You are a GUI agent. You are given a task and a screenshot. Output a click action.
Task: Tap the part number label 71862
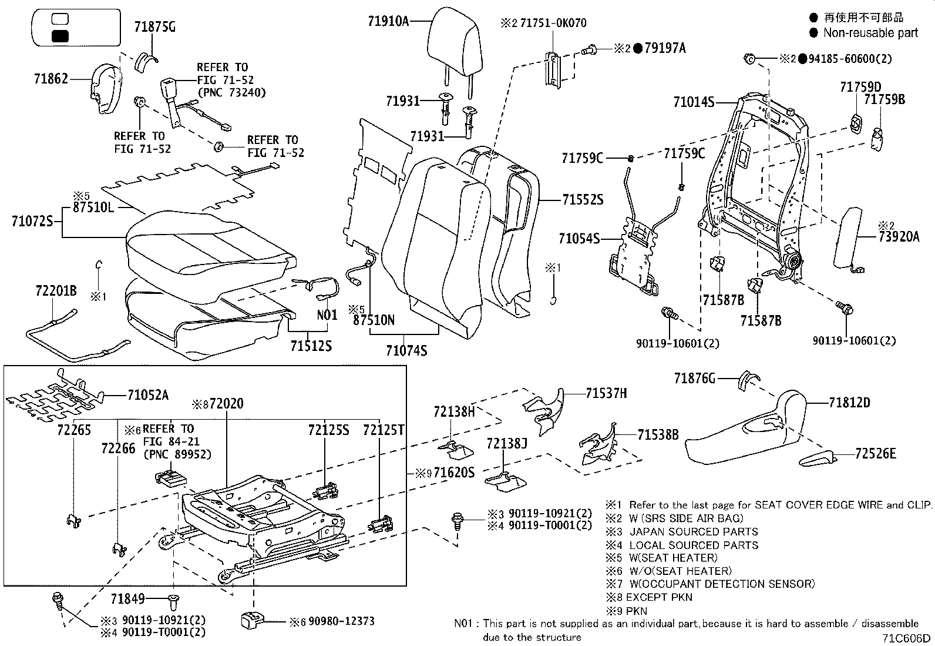[51, 78]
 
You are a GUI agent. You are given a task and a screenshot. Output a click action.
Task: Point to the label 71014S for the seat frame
[693, 103]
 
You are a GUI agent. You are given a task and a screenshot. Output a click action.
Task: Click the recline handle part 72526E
[819, 457]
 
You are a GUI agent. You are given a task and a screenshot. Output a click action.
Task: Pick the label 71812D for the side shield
[849, 403]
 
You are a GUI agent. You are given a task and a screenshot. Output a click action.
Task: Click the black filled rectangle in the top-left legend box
[60, 36]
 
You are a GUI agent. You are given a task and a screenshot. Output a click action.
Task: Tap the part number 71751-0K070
[553, 23]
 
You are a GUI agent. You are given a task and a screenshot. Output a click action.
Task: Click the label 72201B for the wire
[56, 291]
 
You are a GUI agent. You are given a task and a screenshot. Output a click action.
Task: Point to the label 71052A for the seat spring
[147, 395]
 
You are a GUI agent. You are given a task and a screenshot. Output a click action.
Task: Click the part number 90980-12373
[341, 621]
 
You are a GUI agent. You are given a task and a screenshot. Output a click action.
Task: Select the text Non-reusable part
[870, 33]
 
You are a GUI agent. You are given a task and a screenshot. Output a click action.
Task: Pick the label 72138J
[506, 443]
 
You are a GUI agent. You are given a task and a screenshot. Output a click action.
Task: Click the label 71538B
[658, 435]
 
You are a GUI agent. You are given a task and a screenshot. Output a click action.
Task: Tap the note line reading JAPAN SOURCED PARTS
[693, 531]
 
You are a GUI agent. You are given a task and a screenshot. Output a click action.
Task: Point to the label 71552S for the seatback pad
[582, 200]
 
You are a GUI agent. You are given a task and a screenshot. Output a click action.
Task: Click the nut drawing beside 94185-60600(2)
[749, 58]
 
